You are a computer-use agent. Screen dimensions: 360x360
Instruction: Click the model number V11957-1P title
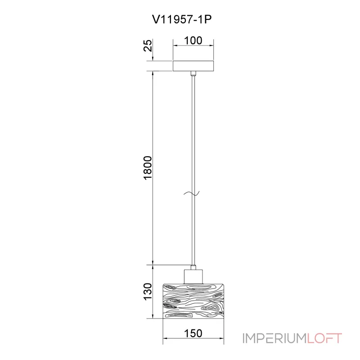[x=182, y=19]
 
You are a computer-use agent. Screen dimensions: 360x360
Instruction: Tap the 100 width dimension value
[x=193, y=40]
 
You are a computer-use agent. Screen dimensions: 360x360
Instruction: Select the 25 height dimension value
[x=148, y=45]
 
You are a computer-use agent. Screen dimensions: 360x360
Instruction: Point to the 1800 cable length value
[x=148, y=168]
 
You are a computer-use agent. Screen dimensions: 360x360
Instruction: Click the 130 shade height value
[x=148, y=291]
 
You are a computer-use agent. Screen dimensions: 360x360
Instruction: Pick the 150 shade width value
[x=193, y=333]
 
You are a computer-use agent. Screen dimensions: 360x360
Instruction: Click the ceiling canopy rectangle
[x=193, y=66]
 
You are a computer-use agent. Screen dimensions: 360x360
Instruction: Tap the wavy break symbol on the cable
[x=192, y=193]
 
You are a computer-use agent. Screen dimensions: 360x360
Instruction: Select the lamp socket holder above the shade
[x=193, y=277]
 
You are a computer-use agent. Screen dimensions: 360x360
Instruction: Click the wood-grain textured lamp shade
[x=193, y=301]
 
